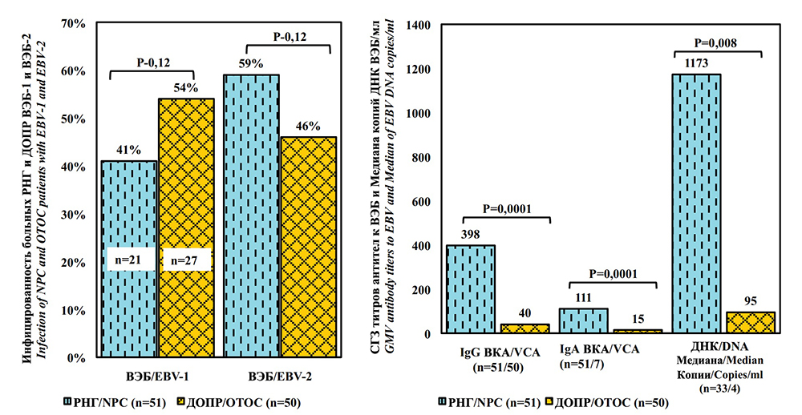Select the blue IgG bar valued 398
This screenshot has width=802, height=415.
coord(470,288)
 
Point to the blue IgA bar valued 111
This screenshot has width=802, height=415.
coord(583,320)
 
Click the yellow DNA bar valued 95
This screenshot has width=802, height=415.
coord(751,322)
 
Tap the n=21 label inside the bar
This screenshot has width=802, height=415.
coord(129,259)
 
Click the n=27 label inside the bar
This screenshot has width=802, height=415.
coord(185,259)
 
